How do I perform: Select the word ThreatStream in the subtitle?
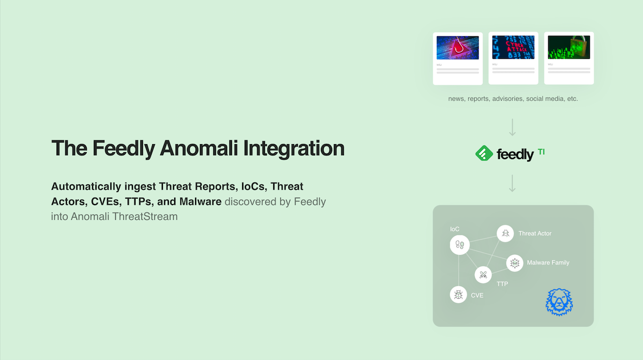coord(145,217)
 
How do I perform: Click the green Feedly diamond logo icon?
coord(484,154)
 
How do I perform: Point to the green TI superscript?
coord(541,152)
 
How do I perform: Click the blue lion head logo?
coord(559,302)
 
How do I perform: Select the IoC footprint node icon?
coord(459,246)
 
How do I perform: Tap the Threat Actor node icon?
coord(505,234)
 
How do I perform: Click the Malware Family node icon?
coord(514,263)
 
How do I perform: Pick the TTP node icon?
coord(483,275)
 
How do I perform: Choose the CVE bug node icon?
coord(458,295)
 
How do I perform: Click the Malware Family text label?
coord(548,263)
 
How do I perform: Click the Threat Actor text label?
coord(535,234)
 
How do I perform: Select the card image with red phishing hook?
coord(458,48)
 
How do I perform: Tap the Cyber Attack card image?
coord(513,48)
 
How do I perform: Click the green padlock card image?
coord(569,48)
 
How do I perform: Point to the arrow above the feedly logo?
coord(512,127)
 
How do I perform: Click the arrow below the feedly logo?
coord(512,183)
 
